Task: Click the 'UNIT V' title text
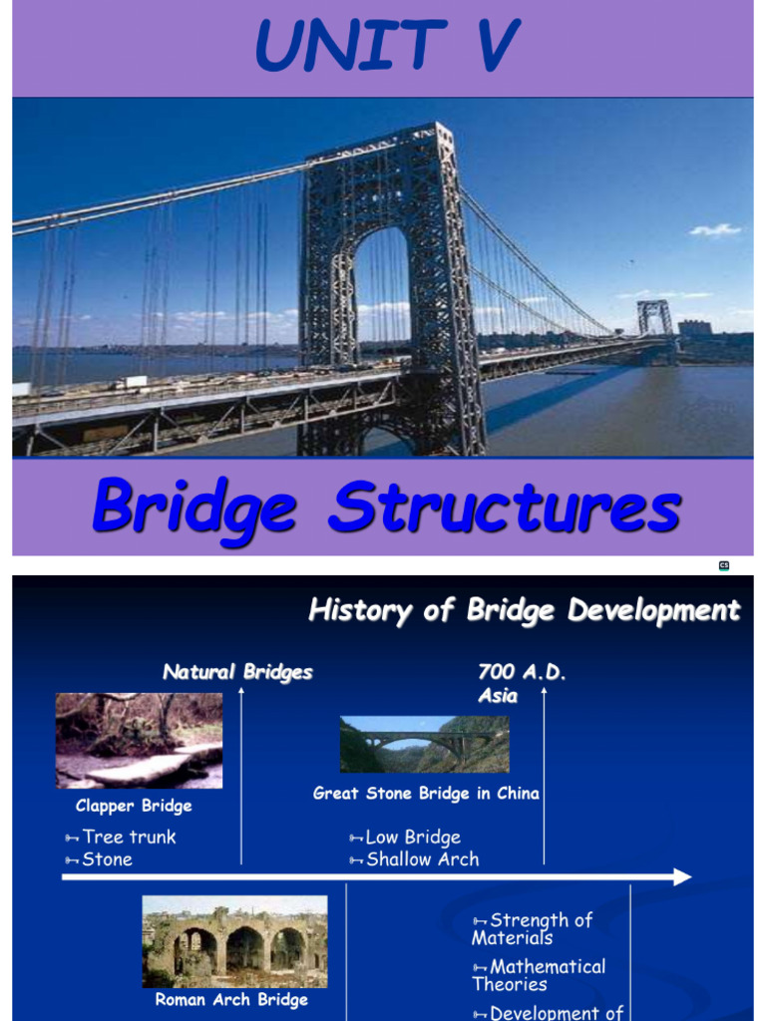click(386, 46)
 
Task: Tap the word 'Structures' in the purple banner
click(505, 509)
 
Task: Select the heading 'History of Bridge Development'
click(524, 610)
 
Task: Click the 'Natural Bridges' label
click(237, 672)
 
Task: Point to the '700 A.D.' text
click(522, 672)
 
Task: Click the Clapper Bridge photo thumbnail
click(139, 741)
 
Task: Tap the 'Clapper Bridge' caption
click(134, 806)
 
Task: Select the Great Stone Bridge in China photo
click(424, 744)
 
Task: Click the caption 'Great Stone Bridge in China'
click(426, 794)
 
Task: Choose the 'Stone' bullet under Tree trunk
click(107, 859)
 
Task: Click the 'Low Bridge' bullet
click(412, 838)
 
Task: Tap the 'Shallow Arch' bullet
click(422, 859)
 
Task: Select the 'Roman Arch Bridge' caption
click(231, 999)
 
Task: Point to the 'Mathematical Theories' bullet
click(539, 975)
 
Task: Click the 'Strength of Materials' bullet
click(533, 928)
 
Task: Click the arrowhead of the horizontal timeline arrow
click(682, 877)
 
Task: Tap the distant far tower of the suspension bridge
click(655, 318)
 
